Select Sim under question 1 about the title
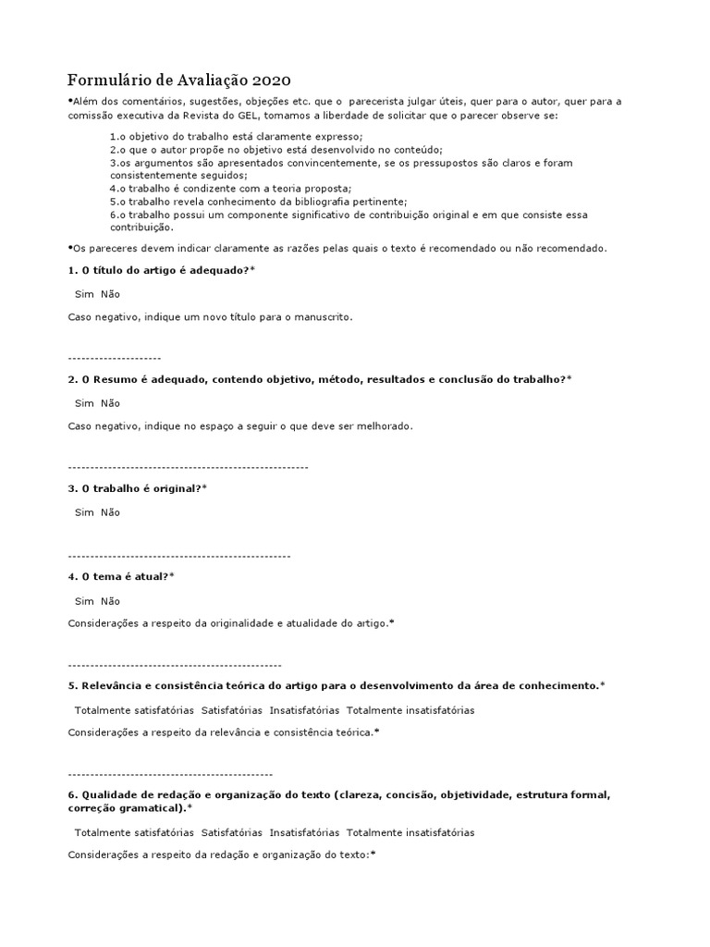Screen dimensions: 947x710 84,294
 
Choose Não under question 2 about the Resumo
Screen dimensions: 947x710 110,403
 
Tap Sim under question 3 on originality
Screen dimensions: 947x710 84,512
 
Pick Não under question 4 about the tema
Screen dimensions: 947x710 110,601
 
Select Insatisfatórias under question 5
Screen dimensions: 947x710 304,710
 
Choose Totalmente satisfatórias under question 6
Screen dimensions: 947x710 133,832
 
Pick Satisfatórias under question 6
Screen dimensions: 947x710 231,832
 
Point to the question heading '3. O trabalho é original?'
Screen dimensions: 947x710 137,487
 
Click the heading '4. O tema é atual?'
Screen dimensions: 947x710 121,576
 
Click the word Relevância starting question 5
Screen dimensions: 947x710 115,685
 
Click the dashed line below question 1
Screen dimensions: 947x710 115,358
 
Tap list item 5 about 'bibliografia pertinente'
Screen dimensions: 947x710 258,201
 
